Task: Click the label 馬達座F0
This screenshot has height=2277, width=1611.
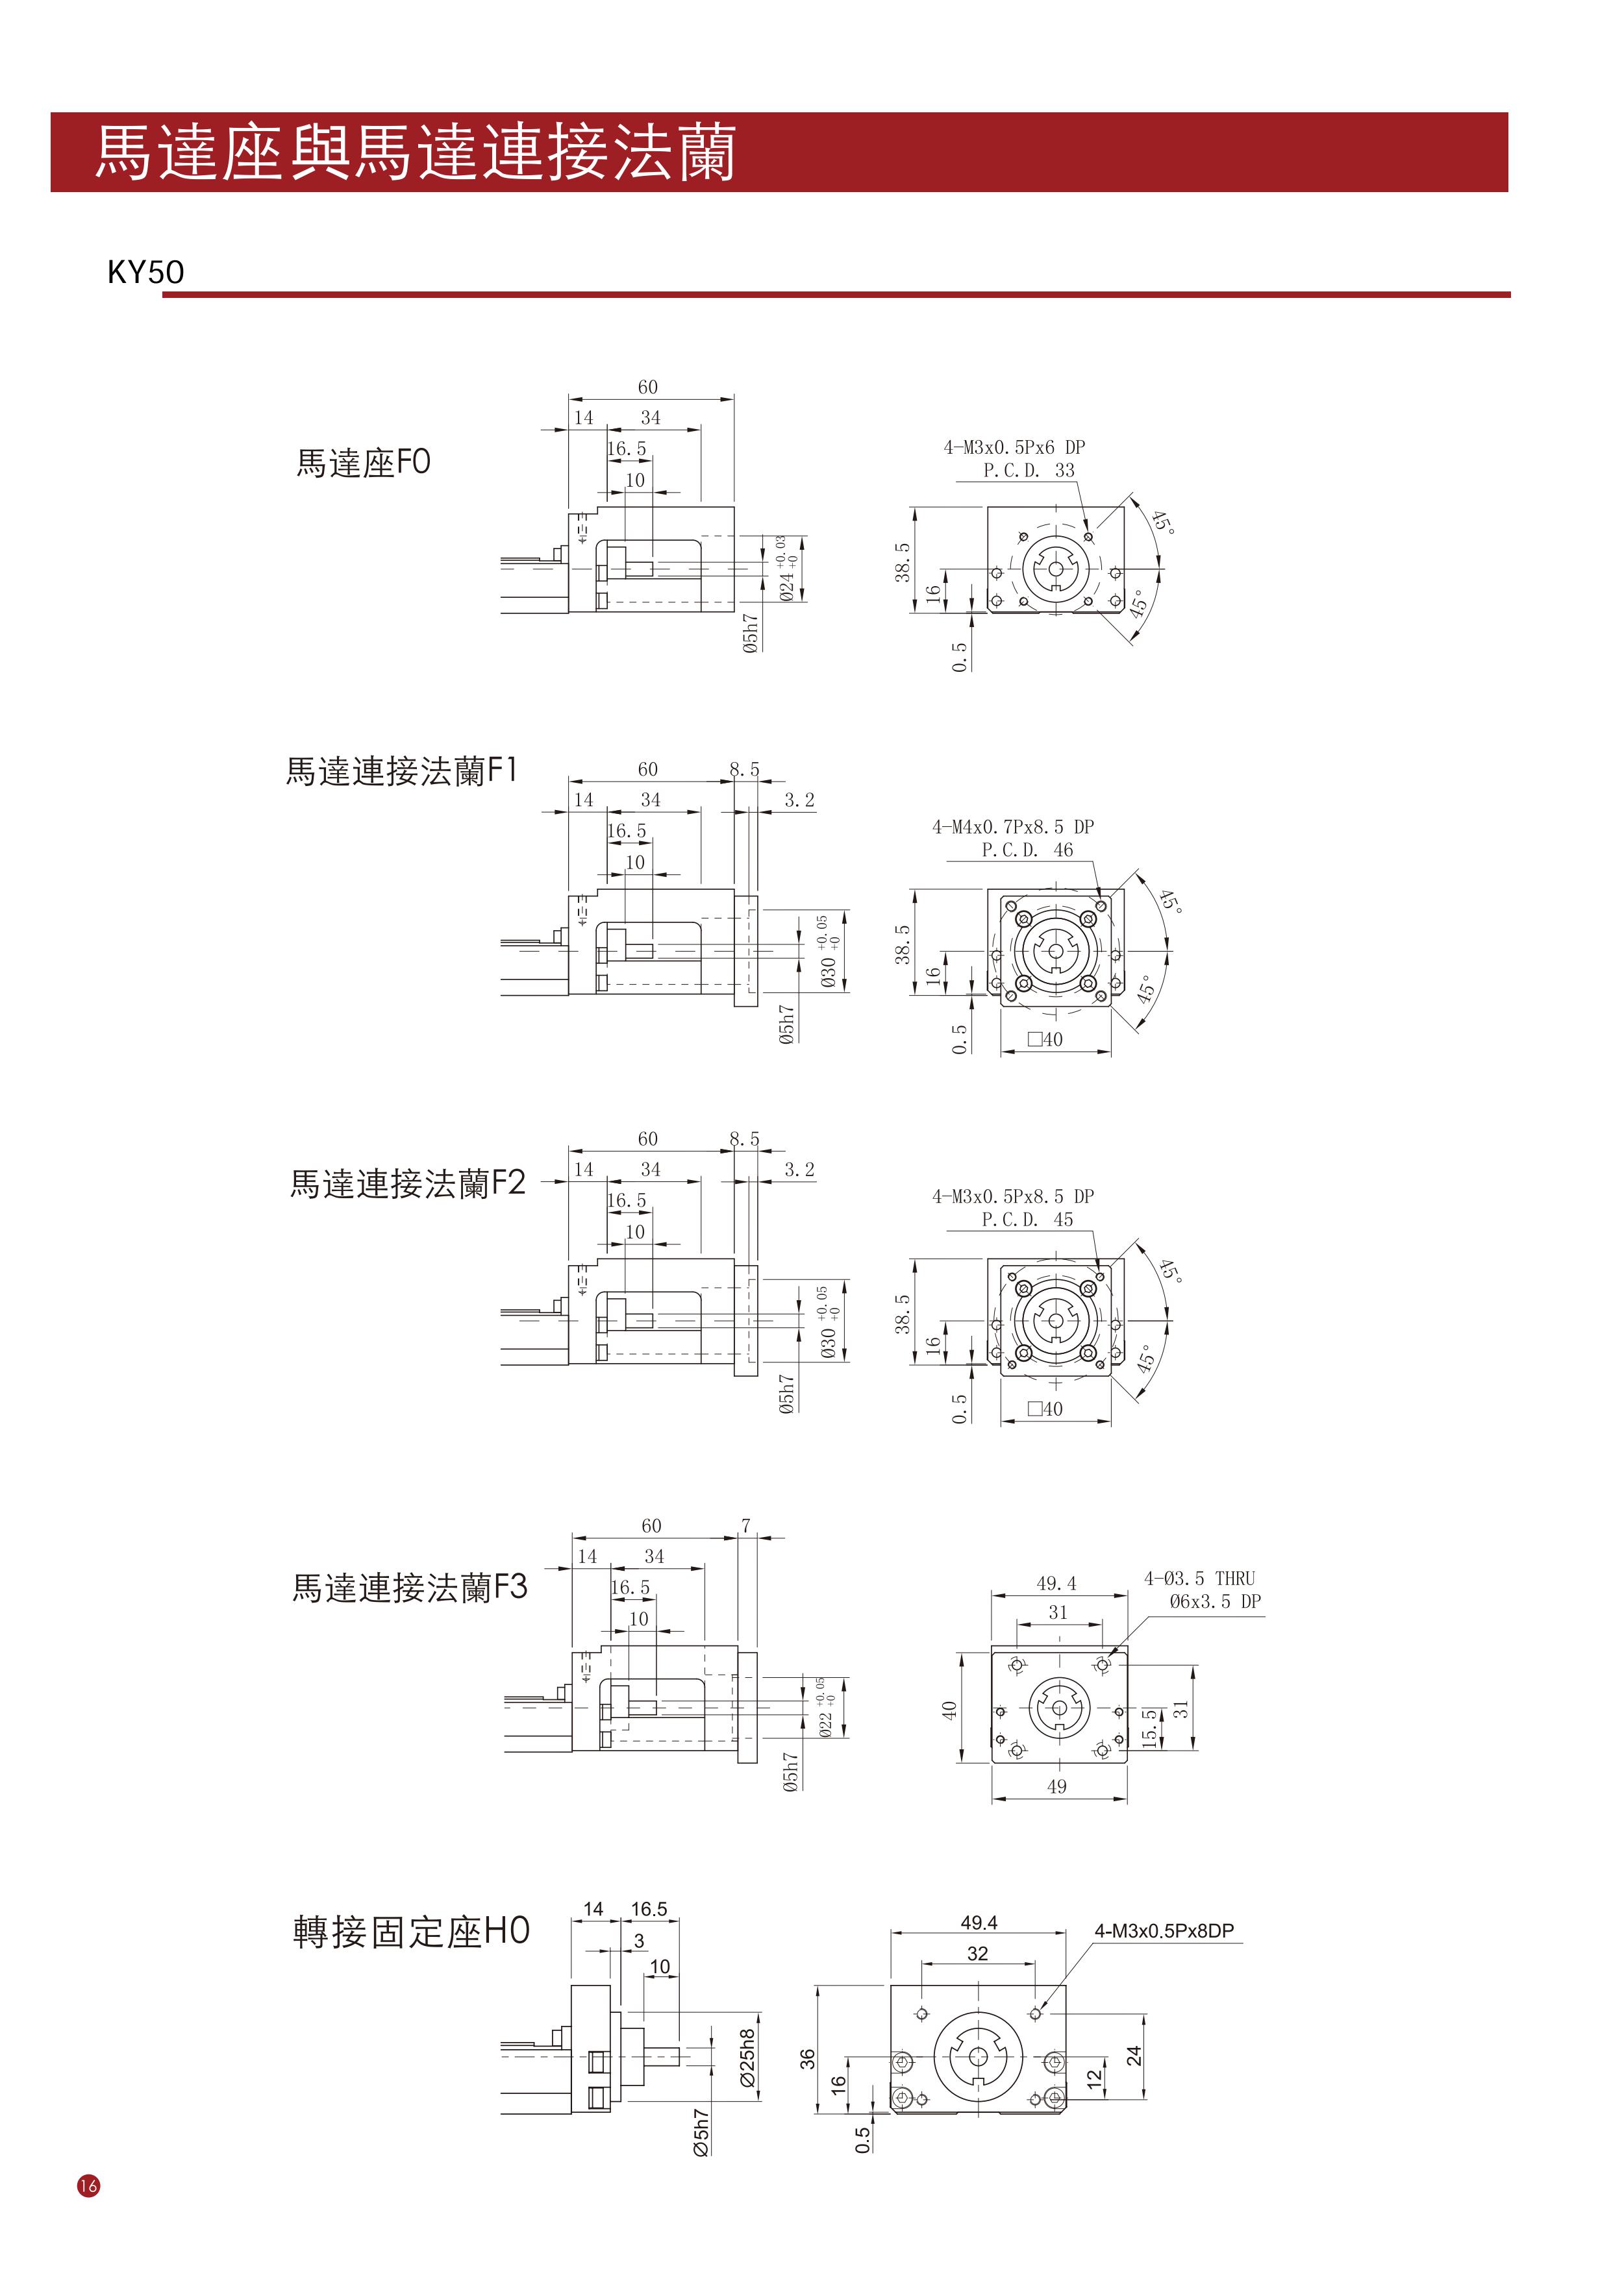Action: click(x=363, y=463)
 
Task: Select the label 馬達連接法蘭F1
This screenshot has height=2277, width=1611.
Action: click(x=402, y=770)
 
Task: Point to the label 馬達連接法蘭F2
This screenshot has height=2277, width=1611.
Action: click(x=406, y=1183)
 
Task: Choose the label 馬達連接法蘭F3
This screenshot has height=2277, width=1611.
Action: click(x=410, y=1588)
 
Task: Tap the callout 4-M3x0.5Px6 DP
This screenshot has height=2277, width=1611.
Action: click(x=1014, y=447)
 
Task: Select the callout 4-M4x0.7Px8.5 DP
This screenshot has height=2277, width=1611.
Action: click(x=1013, y=827)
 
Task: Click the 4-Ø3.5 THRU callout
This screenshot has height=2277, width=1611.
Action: click(x=1199, y=1578)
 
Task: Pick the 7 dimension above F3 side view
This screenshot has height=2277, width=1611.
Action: click(x=746, y=1525)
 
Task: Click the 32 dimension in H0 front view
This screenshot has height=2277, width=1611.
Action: click(x=978, y=1954)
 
